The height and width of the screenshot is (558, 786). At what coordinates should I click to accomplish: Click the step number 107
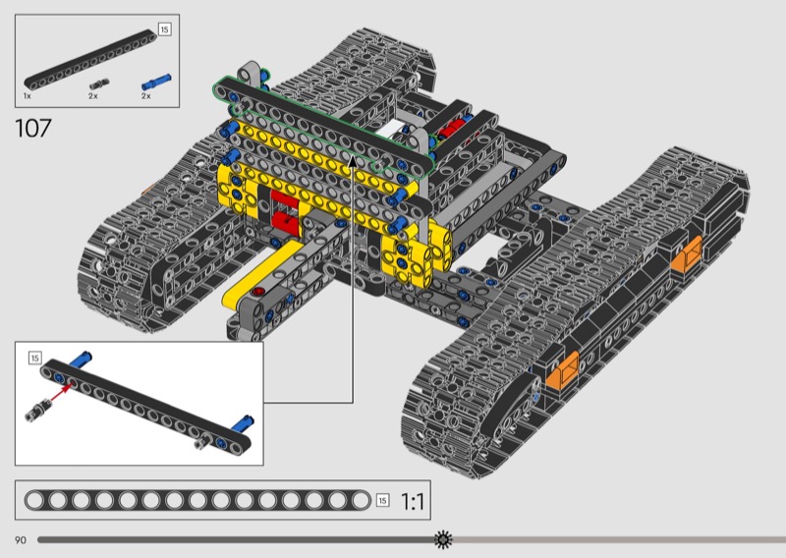(x=33, y=129)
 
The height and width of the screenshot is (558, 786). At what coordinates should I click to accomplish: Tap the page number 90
(x=21, y=540)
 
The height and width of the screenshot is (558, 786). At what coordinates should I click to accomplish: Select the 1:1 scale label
(x=413, y=501)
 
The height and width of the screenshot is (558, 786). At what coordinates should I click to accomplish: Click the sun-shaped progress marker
(x=443, y=540)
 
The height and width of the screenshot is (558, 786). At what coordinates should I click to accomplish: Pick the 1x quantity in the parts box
(x=28, y=95)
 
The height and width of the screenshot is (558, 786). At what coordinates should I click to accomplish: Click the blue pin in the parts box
(x=156, y=83)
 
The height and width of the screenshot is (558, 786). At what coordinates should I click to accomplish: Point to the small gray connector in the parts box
(x=99, y=84)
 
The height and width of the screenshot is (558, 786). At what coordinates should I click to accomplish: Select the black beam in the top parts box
(x=90, y=60)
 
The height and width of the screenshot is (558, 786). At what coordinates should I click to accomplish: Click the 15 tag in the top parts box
(x=164, y=29)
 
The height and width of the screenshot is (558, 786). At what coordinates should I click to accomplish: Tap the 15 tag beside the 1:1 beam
(x=382, y=500)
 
